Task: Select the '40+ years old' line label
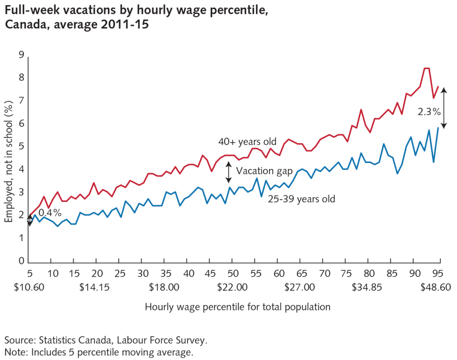click(247, 141)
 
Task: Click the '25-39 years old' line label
click(301, 199)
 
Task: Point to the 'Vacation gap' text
click(264, 171)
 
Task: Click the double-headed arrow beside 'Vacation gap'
click(228, 172)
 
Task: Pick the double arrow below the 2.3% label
click(444, 107)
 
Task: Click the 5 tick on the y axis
click(21, 146)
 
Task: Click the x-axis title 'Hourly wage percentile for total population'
click(237, 307)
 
